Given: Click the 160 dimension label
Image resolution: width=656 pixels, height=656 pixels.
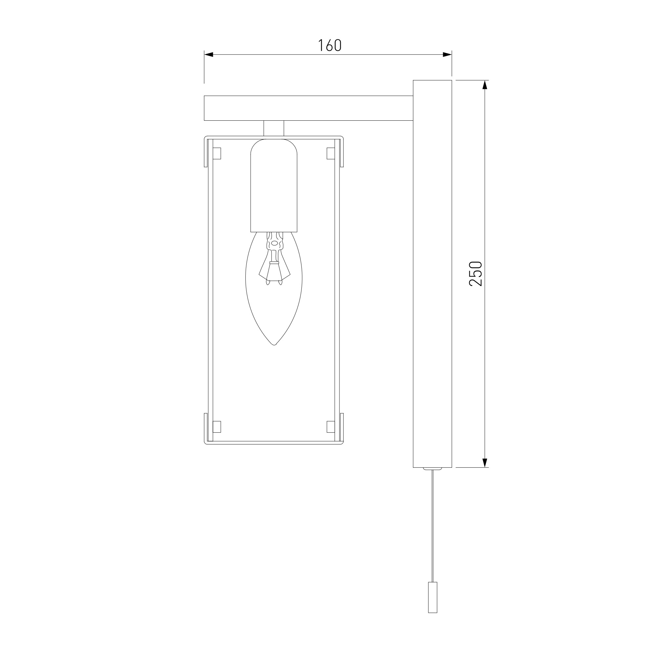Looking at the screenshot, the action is click(329, 46).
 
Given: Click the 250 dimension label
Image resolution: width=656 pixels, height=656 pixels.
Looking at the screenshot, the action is click(475, 274).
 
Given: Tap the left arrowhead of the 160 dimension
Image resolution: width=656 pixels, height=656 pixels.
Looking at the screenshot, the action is click(209, 54).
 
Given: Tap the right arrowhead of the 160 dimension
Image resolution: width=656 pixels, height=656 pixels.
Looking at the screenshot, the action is click(447, 54).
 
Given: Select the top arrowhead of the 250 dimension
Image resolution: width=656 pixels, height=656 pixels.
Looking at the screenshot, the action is click(485, 85).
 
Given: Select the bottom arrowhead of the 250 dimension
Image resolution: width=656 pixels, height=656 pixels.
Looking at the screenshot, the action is click(485, 463).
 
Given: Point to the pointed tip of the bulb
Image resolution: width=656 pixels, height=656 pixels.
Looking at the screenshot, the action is click(274, 345).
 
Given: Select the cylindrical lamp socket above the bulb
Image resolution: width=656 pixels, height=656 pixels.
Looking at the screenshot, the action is click(274, 185).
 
